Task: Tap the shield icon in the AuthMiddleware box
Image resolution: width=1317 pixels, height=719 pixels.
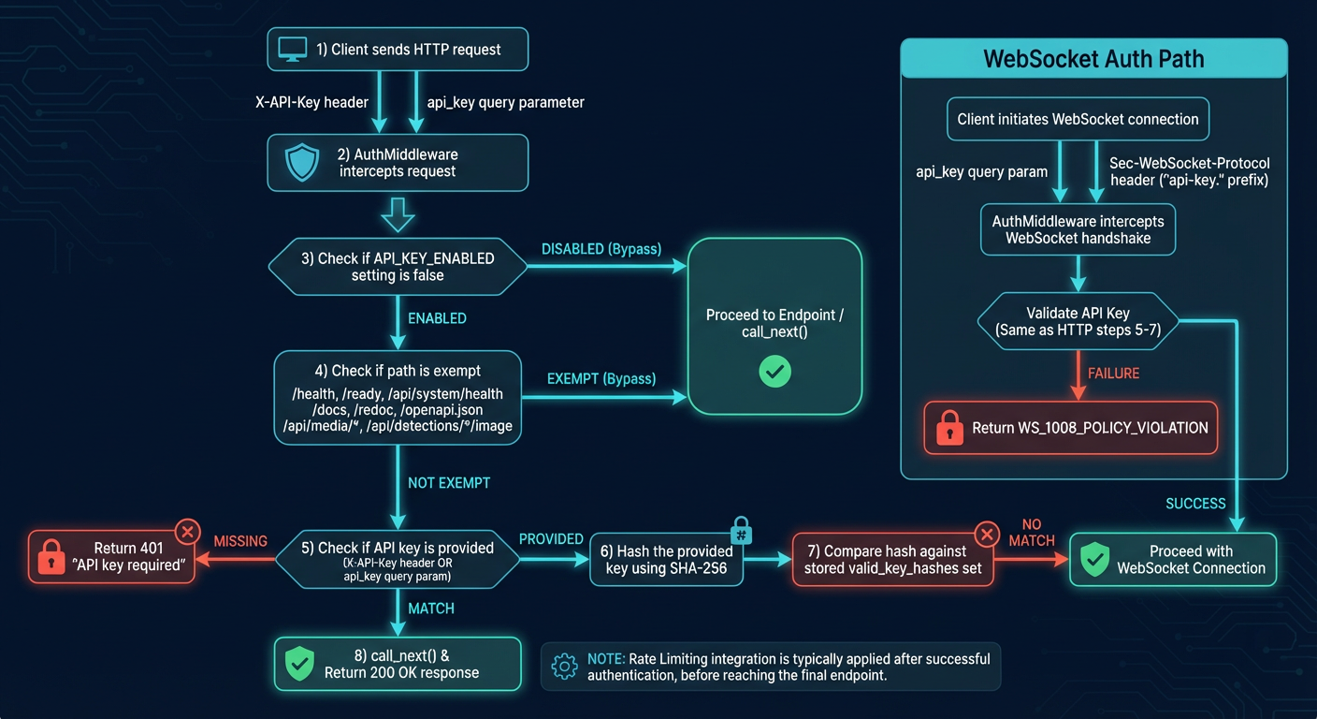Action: pos(301,163)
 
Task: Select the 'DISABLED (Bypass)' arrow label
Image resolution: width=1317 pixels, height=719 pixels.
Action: pos(601,249)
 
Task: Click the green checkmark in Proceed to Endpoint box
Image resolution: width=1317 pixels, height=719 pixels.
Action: pos(774,372)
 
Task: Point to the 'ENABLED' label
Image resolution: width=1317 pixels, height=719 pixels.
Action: pos(437,318)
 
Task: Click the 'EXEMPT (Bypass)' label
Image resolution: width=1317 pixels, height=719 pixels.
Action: pos(601,379)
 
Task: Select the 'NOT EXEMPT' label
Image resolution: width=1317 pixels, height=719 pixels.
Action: pos(449,483)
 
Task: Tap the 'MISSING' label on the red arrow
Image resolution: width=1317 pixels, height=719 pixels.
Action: pos(240,541)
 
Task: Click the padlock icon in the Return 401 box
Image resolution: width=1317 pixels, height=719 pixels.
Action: pos(51,558)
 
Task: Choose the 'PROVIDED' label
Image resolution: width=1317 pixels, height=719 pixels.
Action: pos(551,539)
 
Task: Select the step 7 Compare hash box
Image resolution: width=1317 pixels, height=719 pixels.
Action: pos(892,560)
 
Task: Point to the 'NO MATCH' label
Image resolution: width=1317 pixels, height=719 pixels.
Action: pos(1032,532)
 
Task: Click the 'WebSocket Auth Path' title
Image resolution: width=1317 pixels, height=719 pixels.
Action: pos(1093,59)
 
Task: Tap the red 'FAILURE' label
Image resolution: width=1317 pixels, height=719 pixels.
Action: pos(1113,374)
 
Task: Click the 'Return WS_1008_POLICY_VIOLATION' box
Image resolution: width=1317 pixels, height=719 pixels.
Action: pos(1071,428)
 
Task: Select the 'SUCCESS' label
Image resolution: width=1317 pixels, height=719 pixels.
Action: pos(1195,504)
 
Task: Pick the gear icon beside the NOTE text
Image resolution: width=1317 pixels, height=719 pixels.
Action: pos(564,667)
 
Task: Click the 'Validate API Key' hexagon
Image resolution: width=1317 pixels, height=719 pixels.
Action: pos(1078,321)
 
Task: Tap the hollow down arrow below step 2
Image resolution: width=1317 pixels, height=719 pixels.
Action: pos(398,214)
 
